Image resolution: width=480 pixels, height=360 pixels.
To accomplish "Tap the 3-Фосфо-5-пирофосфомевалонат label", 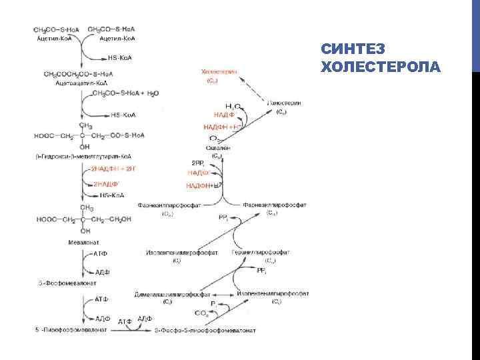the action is [x=205, y=330].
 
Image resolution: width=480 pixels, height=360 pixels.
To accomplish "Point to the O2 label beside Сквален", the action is [x=213, y=139].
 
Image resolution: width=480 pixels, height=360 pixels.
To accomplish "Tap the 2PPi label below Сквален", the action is [x=198, y=163].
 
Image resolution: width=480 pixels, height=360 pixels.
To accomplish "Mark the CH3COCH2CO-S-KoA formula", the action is [x=79, y=73].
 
